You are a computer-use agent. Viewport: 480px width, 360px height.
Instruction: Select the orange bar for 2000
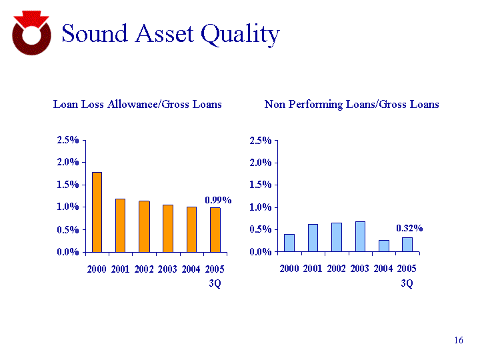pyautogui.click(x=97, y=212)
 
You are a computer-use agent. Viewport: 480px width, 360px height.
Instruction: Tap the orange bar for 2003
pyautogui.click(x=168, y=228)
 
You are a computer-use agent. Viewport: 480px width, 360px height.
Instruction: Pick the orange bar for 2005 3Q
pyautogui.click(x=215, y=229)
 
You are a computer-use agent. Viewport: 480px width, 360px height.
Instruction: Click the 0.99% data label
pyautogui.click(x=217, y=200)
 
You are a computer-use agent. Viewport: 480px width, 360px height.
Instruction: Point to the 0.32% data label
pyautogui.click(x=409, y=228)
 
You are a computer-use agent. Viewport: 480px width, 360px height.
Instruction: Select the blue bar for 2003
pyautogui.click(x=360, y=237)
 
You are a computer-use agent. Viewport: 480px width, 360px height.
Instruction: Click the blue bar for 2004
pyautogui.click(x=383, y=246)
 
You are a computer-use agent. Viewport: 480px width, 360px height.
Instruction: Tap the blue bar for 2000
pyautogui.click(x=289, y=243)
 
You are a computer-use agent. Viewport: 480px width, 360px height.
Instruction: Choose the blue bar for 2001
pyautogui.click(x=313, y=238)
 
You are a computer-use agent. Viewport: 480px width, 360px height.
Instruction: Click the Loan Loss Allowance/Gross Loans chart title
pyautogui.click(x=137, y=104)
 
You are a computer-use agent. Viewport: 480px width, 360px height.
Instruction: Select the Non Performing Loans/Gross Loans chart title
pyautogui.click(x=351, y=104)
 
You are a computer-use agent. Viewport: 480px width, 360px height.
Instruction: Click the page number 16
pyautogui.click(x=458, y=341)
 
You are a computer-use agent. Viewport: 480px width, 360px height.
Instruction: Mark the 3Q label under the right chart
pyautogui.click(x=407, y=283)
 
